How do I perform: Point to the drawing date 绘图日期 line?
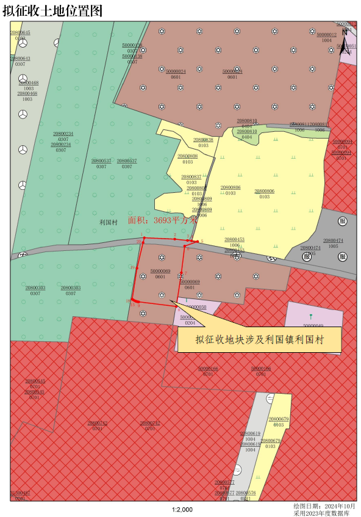[x=324, y=506]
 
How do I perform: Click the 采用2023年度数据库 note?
[x=323, y=513]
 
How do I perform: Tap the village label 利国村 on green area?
[x=109, y=222]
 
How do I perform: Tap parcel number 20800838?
[x=203, y=140]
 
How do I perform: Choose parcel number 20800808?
[x=187, y=156]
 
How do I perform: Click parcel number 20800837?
[x=191, y=177]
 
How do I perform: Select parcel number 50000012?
[x=326, y=35]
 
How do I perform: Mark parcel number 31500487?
[x=20, y=493]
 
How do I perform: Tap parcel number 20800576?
[x=246, y=493]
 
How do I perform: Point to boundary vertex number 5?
[x=201, y=241]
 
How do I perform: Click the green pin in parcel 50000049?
[x=310, y=316]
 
